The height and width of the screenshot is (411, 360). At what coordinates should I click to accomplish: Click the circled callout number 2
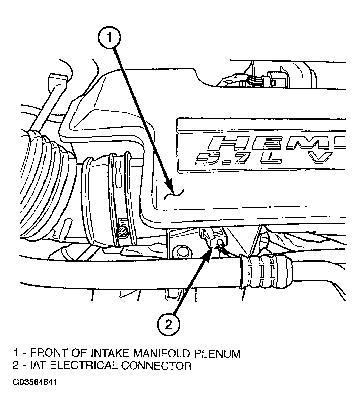(169, 325)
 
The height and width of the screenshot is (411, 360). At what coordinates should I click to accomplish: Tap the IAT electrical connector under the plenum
(213, 237)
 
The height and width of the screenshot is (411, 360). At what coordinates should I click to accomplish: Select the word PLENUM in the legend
(217, 354)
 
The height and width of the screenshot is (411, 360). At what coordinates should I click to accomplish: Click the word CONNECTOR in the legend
(157, 366)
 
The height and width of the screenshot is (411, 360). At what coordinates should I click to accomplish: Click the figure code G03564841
(34, 382)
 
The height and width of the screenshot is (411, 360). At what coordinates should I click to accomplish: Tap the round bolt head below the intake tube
(182, 252)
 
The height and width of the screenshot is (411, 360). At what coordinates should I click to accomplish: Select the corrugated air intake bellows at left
(44, 184)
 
